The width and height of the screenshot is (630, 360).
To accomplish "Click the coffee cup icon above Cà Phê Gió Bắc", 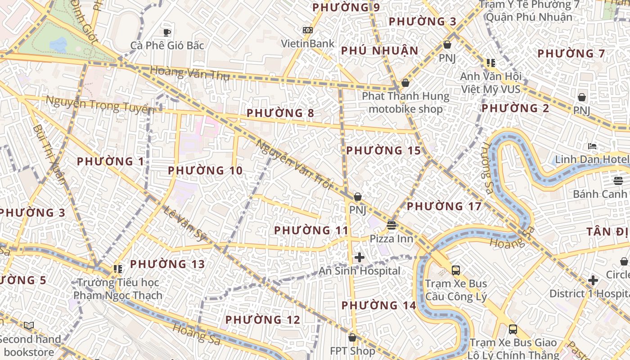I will click(167, 32).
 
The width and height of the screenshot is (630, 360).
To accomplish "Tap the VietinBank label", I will click(308, 43).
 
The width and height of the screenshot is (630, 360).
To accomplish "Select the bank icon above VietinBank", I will click(308, 30).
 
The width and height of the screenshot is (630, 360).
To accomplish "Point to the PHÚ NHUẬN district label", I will click(380, 50).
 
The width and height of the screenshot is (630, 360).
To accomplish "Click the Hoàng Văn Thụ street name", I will click(189, 73).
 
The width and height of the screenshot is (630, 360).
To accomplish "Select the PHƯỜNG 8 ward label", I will click(280, 112).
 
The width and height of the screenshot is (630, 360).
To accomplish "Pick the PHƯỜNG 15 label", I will click(383, 150).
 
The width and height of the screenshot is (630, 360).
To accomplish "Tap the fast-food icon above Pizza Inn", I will click(391, 225).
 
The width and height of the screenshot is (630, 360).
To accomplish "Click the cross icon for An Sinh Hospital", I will click(359, 257).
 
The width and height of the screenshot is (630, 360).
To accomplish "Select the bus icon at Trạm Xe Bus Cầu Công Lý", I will click(456, 270).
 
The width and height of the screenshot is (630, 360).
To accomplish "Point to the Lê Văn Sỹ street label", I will click(185, 222).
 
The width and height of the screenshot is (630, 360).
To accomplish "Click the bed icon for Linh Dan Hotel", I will click(592, 146).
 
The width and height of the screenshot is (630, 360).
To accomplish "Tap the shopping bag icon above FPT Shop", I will click(352, 337).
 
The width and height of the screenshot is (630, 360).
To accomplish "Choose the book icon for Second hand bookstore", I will click(29, 325).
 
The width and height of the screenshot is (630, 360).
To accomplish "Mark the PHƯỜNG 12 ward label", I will click(262, 319).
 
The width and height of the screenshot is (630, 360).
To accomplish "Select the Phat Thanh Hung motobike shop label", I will click(405, 102).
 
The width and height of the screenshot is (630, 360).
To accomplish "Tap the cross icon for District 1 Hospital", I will click(593, 280).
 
